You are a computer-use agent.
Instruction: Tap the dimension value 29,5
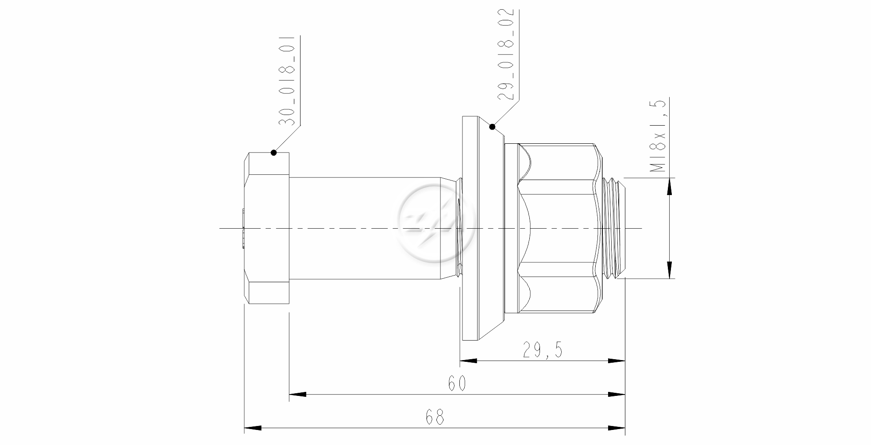click(x=542, y=350)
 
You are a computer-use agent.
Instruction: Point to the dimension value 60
click(x=457, y=383)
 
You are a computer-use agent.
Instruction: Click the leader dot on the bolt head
click(x=274, y=153)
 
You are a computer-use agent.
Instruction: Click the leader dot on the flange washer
click(x=492, y=127)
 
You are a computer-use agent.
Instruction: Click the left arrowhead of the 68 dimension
click(x=253, y=428)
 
